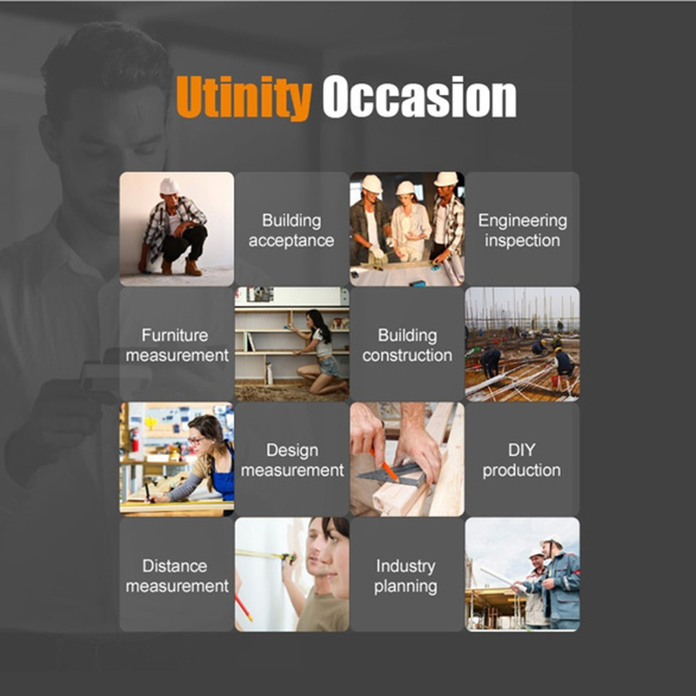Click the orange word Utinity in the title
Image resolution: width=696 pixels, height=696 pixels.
click(x=244, y=97)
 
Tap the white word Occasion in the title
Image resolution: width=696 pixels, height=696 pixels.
click(x=419, y=97)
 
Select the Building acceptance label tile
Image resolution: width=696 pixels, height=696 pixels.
click(x=291, y=231)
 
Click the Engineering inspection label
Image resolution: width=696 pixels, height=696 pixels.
click(x=523, y=231)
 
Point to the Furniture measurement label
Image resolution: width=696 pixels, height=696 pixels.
click(x=177, y=345)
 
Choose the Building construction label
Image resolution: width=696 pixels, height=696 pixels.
click(x=407, y=345)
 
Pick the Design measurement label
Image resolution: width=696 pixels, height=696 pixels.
click(x=292, y=460)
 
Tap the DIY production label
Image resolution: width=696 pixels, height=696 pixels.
click(x=522, y=460)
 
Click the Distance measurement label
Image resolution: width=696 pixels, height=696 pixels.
click(x=177, y=575)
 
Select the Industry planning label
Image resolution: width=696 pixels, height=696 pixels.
click(x=405, y=575)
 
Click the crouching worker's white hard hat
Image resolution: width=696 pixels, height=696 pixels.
click(x=169, y=186)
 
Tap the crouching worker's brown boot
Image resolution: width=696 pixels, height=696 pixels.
click(x=193, y=267)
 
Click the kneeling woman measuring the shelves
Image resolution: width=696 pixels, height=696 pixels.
click(x=321, y=351)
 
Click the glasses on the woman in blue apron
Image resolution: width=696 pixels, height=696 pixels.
click(x=196, y=440)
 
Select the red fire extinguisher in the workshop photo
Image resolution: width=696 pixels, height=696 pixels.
click(x=135, y=439)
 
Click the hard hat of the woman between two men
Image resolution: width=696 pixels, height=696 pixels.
click(x=405, y=188)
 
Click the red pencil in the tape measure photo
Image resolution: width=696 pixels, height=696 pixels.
click(x=244, y=606)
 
